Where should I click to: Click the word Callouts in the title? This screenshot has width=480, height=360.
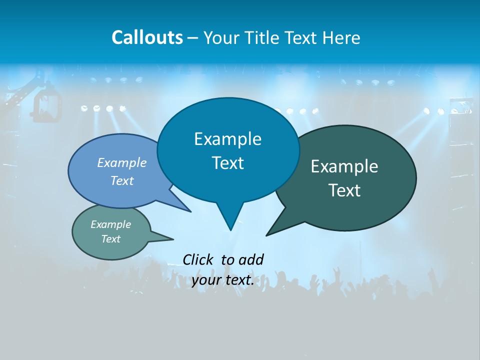point(147,37)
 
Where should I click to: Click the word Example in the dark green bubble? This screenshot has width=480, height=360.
point(344,166)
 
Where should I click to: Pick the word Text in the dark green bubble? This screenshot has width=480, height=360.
point(344,190)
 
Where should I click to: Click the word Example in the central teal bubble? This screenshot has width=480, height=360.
point(227,139)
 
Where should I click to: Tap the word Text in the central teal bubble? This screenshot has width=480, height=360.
point(227,163)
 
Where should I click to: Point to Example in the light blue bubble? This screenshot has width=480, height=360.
point(122,162)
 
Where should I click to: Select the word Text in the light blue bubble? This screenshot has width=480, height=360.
point(122,180)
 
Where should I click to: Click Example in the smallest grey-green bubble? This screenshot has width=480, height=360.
point(111,224)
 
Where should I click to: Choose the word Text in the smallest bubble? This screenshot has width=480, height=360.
point(111,239)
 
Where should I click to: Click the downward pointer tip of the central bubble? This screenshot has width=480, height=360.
point(230,229)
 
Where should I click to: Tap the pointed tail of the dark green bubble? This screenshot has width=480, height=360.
point(267,235)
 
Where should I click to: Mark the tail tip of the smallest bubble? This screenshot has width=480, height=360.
point(172,238)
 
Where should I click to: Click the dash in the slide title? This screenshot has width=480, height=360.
point(193,37)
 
